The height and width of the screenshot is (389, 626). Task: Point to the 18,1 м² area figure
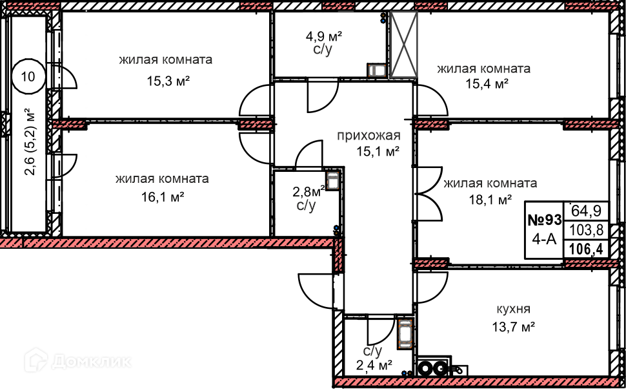pyautogui.click(x=490, y=199)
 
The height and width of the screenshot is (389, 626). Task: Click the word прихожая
pyautogui.click(x=369, y=136)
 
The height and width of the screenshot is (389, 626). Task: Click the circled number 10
pyautogui.click(x=28, y=76)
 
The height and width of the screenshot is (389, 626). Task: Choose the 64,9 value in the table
pyautogui.click(x=586, y=210)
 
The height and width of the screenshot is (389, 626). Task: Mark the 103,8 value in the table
pyautogui.click(x=586, y=229)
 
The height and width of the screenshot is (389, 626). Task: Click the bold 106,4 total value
pyautogui.click(x=586, y=249)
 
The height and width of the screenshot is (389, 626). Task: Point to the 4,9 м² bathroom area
pyautogui.click(x=323, y=35)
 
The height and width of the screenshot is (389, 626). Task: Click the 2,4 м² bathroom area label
pyautogui.click(x=375, y=366)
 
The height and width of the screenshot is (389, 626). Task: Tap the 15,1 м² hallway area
pyautogui.click(x=378, y=152)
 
